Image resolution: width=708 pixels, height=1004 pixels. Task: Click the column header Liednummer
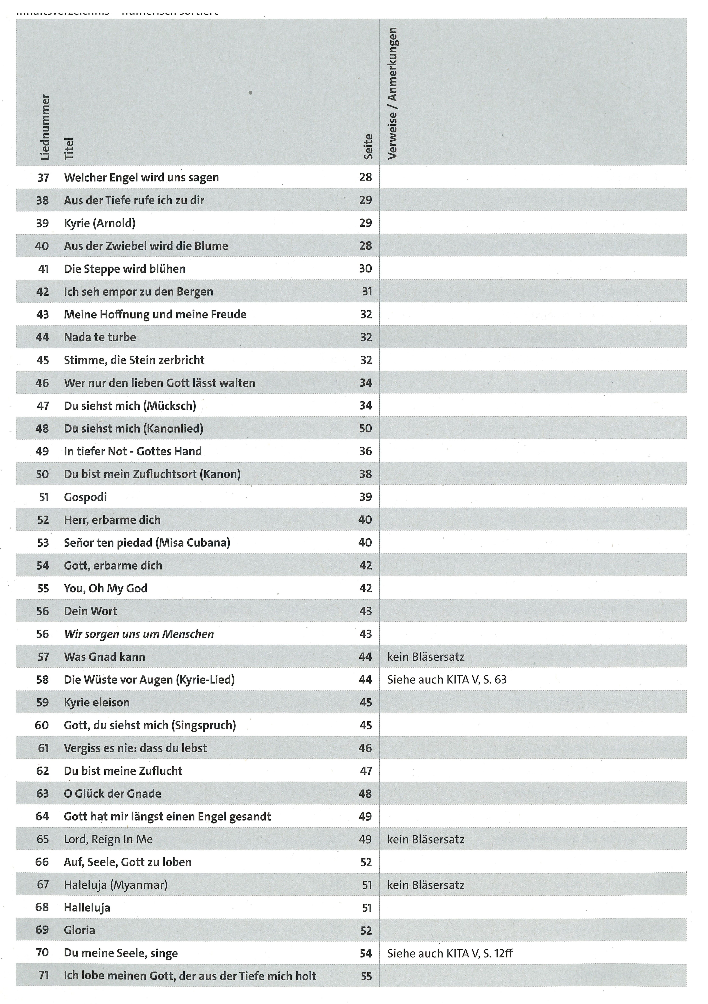(45, 127)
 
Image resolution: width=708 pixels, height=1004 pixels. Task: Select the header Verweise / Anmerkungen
(392, 93)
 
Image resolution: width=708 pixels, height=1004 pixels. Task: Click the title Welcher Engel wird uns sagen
(141, 178)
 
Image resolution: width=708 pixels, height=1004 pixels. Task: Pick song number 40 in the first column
(42, 246)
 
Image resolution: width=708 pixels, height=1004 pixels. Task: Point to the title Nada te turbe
(100, 337)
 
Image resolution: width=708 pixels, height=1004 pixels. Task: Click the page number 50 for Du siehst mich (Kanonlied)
(365, 428)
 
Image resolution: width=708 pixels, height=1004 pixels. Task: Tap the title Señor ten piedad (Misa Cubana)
(147, 543)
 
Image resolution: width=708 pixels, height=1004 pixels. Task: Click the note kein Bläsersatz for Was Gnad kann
(426, 657)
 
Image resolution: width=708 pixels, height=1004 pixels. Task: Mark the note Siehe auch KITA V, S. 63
(447, 680)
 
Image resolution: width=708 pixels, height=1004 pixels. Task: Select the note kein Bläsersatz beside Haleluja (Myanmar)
(426, 885)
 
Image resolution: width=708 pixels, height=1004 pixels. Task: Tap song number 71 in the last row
(43, 976)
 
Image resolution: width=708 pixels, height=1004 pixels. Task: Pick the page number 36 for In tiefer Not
(365, 451)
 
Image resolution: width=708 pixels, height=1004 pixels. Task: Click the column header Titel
(69, 149)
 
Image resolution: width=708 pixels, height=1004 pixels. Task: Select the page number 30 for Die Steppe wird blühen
(365, 268)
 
